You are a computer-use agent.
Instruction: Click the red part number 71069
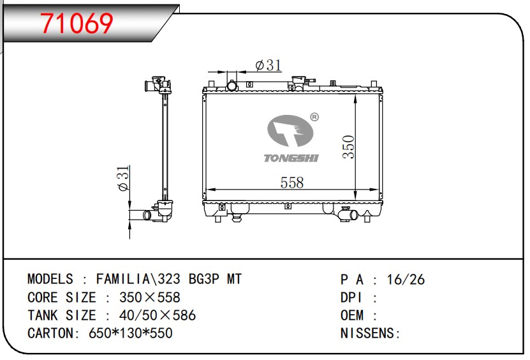pos(77,24)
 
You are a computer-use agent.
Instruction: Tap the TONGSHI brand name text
pos(291,158)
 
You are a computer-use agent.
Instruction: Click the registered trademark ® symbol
pos(314,117)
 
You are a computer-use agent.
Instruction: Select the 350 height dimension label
pos(348,147)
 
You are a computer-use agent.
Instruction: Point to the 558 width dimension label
pos(292,183)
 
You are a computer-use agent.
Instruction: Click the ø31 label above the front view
pos(269,65)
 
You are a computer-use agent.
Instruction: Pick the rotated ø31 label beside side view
pos(124,178)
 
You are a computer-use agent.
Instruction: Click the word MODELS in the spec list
pos(50,279)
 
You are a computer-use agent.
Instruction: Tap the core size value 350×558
pos(150,297)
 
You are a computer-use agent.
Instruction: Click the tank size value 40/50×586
pos(158,315)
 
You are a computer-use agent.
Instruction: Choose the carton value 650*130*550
pos(131,333)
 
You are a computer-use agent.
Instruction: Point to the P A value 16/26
pos(406,280)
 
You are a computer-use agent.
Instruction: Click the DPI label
pos(351,297)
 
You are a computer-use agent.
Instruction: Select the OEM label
pos(352,315)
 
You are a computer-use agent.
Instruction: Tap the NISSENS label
pos(367,333)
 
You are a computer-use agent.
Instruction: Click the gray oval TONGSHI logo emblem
pos(290,131)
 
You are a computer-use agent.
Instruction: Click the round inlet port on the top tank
pos(232,86)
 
